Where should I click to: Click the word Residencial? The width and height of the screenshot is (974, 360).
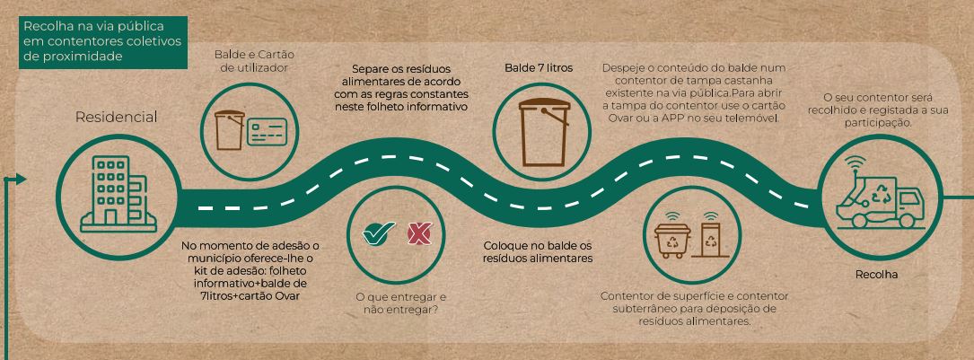pyautogui.click(x=116, y=117)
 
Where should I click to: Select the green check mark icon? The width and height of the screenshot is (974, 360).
pyautogui.click(x=379, y=233)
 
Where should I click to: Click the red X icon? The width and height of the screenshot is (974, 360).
pyautogui.click(x=419, y=233)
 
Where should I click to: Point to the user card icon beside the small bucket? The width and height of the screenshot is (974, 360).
pyautogui.click(x=268, y=132)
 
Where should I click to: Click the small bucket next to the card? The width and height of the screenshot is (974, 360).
pyautogui.click(x=229, y=129)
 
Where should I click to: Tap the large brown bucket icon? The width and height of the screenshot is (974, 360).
pyautogui.click(x=544, y=132)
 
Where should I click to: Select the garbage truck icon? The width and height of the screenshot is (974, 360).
pyautogui.click(x=881, y=197)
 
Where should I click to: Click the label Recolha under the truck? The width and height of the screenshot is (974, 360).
pyautogui.click(x=876, y=274)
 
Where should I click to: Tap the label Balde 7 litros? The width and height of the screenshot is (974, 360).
pyautogui.click(x=538, y=67)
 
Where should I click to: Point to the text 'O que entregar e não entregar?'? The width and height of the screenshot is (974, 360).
pyautogui.click(x=399, y=303)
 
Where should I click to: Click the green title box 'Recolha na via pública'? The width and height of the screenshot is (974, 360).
pyautogui.click(x=103, y=41)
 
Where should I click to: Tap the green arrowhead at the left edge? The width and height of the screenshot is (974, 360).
pyautogui.click(x=21, y=180)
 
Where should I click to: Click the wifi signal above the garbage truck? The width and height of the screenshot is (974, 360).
pyautogui.click(x=855, y=163)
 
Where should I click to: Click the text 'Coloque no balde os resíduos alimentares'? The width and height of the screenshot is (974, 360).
pyautogui.click(x=538, y=251)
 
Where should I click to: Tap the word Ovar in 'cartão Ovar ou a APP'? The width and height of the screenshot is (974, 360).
pyautogui.click(x=616, y=118)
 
